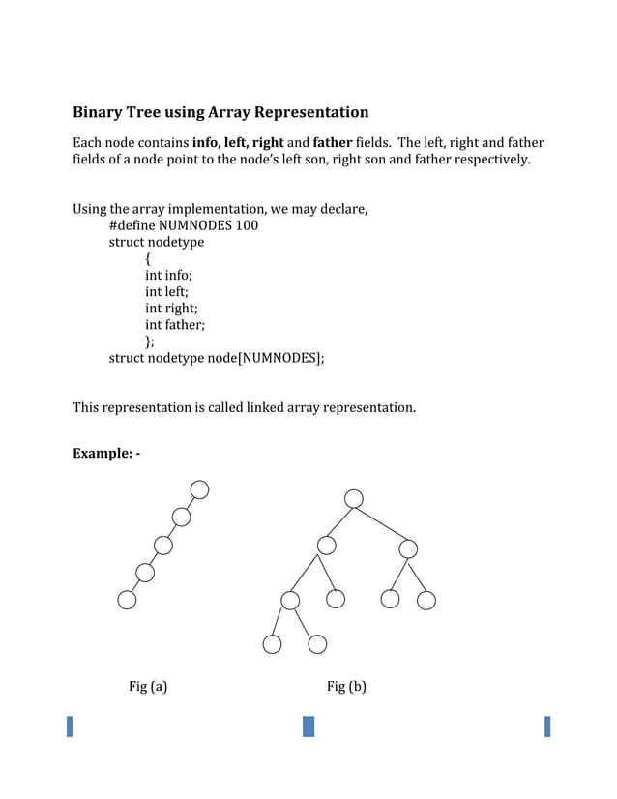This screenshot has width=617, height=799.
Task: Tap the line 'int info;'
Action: point(168,275)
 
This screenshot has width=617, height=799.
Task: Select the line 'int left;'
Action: point(166,291)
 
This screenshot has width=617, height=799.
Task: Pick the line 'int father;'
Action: point(175,325)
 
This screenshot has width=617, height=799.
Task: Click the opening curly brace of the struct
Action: point(148,258)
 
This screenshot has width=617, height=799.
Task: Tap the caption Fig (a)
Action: point(148,687)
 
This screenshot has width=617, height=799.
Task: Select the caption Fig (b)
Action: point(346,687)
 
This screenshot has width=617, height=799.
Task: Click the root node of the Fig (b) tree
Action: point(354,498)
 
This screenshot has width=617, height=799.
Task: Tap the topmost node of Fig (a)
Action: point(199,489)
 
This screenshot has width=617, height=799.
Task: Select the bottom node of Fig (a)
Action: point(127,601)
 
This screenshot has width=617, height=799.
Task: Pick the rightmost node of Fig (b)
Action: point(426,601)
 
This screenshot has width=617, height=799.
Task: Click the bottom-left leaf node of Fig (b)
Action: point(272,644)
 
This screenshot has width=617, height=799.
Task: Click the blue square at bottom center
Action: point(308,726)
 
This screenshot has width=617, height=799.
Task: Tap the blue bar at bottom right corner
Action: point(547,726)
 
